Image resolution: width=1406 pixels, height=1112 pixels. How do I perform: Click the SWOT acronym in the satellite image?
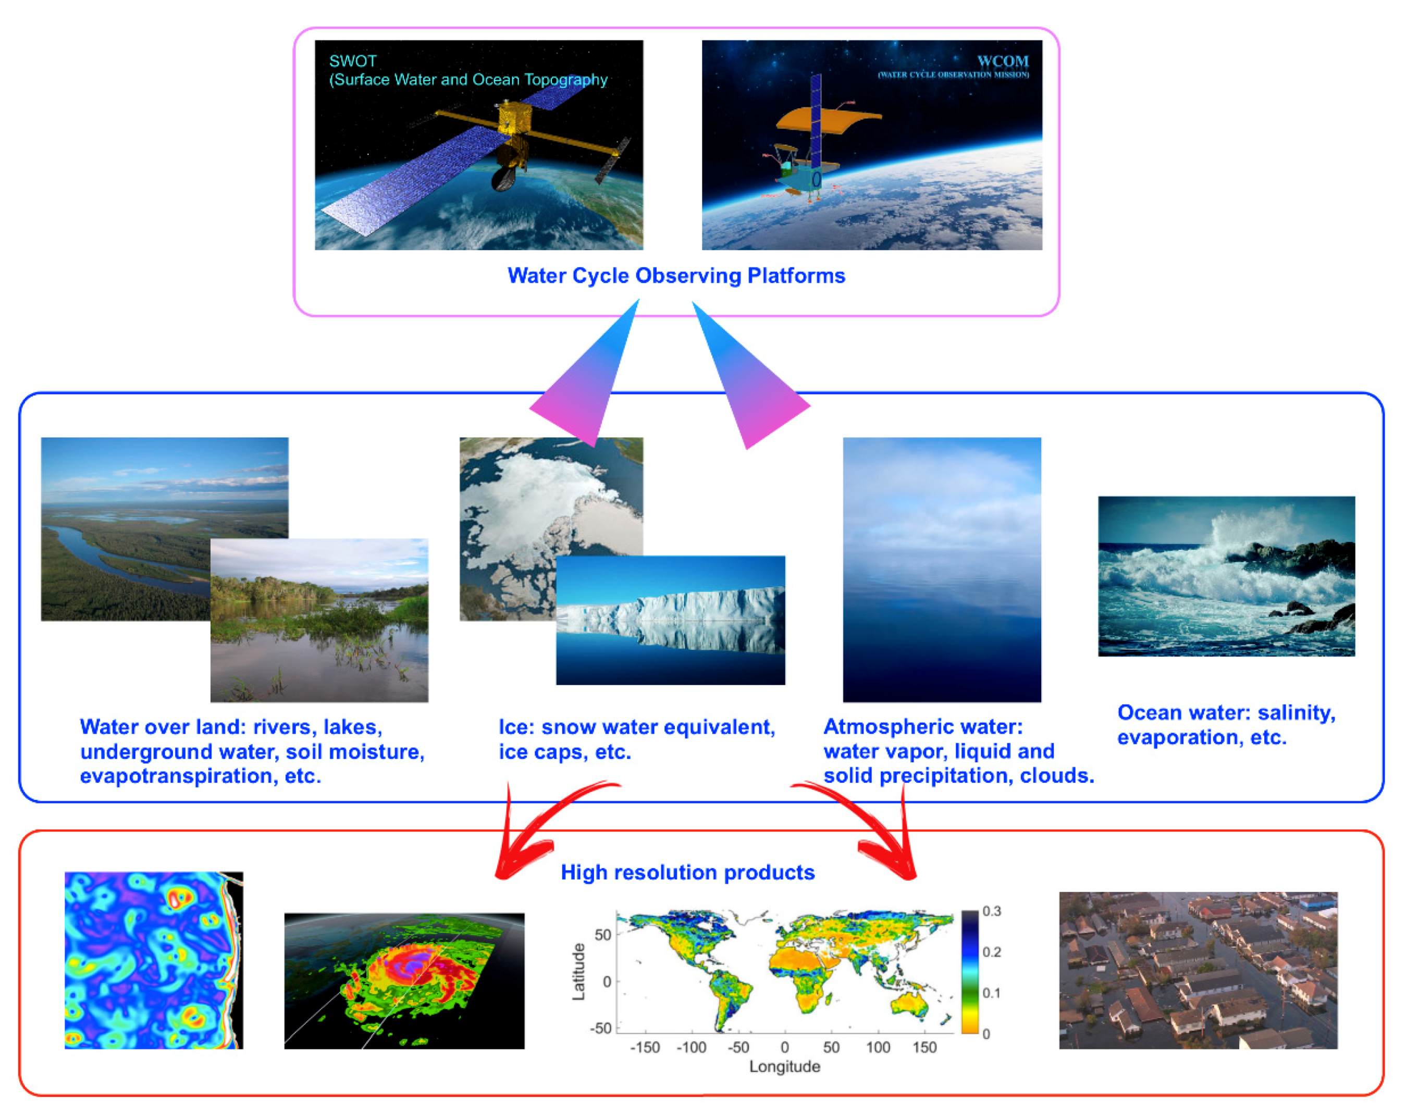(352, 61)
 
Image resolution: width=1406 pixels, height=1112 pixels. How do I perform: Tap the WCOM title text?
(1003, 61)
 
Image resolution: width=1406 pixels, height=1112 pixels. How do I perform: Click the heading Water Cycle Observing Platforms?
(676, 276)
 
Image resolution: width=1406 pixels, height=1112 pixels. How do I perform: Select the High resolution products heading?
(687, 872)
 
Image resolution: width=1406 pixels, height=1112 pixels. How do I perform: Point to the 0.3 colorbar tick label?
(991, 911)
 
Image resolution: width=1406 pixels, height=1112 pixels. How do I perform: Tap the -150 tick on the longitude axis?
(645, 1047)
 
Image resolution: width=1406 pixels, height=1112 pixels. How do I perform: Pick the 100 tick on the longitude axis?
(878, 1047)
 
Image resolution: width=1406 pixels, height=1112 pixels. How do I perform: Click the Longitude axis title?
(784, 1067)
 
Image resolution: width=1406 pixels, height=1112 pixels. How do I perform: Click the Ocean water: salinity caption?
(1226, 713)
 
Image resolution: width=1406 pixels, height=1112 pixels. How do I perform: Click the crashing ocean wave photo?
(1226, 576)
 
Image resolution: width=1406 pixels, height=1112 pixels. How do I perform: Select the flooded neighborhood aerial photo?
(1198, 970)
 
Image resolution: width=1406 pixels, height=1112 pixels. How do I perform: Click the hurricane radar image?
(403, 981)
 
